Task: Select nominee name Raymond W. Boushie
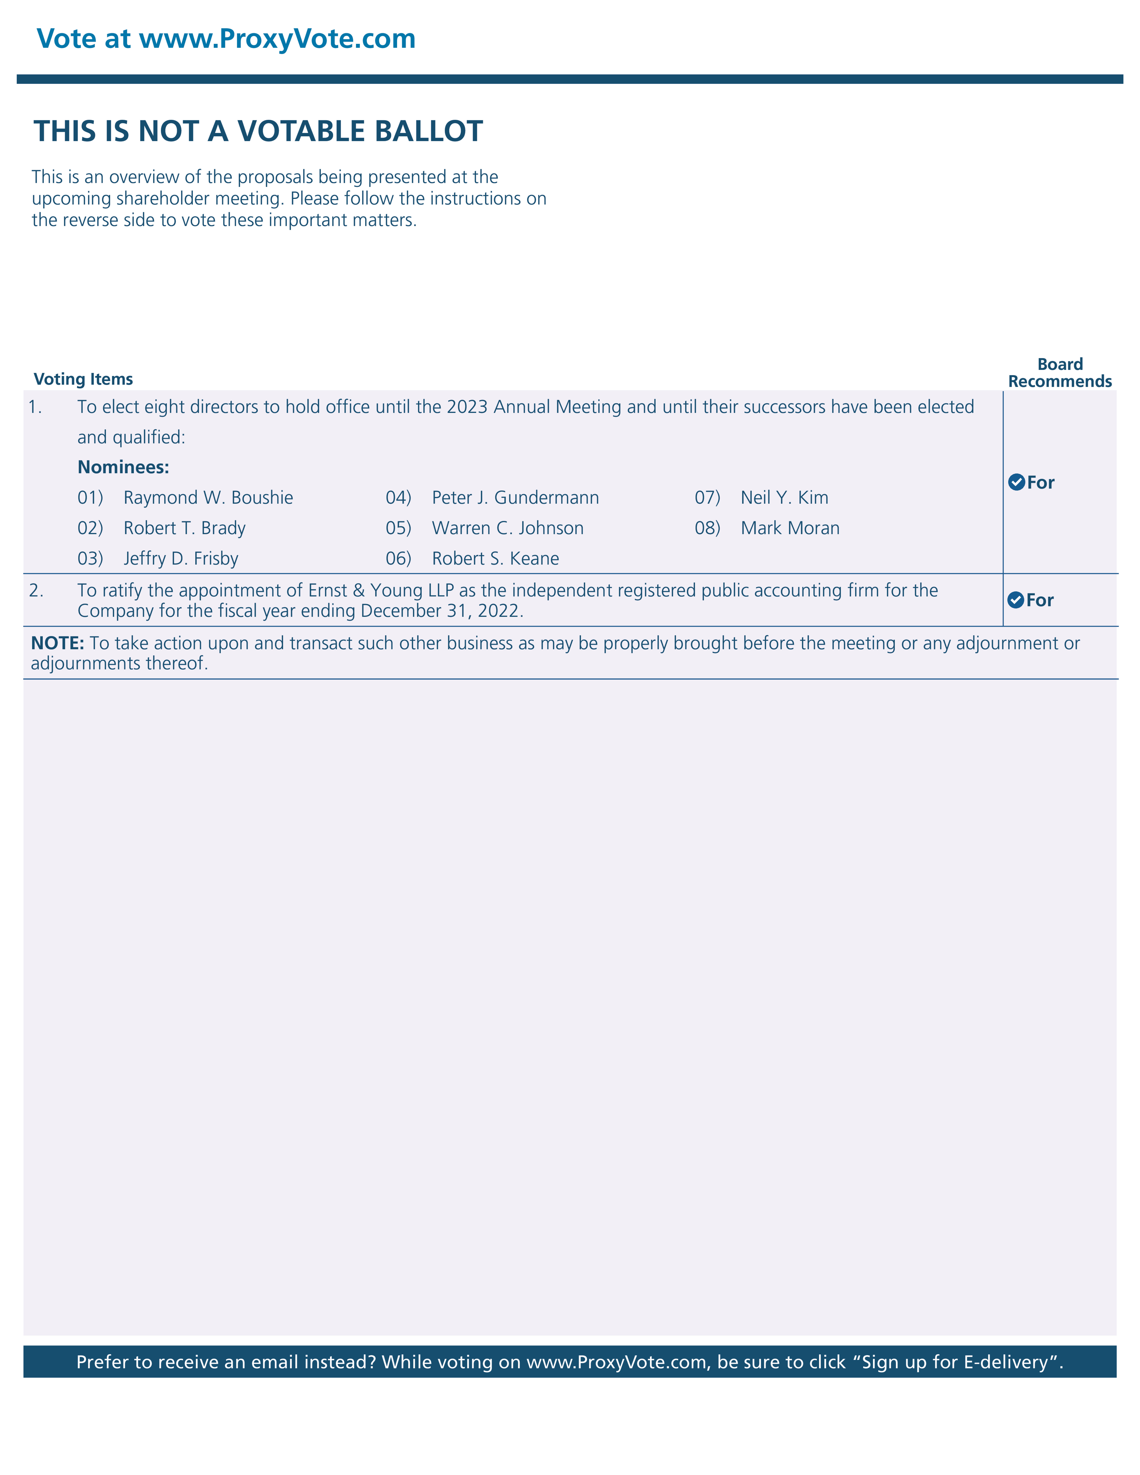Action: click(208, 498)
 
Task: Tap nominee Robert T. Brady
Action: click(184, 528)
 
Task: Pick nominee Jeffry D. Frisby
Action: click(181, 559)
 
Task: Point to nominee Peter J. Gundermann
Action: click(515, 498)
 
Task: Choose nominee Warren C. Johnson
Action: click(508, 528)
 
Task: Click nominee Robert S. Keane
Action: click(496, 559)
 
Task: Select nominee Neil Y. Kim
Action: click(784, 498)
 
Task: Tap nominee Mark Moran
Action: click(790, 528)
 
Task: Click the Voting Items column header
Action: click(83, 379)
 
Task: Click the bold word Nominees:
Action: click(123, 467)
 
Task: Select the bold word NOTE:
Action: click(57, 643)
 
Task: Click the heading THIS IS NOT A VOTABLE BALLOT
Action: click(258, 131)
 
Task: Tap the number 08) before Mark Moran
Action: click(707, 528)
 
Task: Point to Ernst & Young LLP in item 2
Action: click(381, 590)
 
